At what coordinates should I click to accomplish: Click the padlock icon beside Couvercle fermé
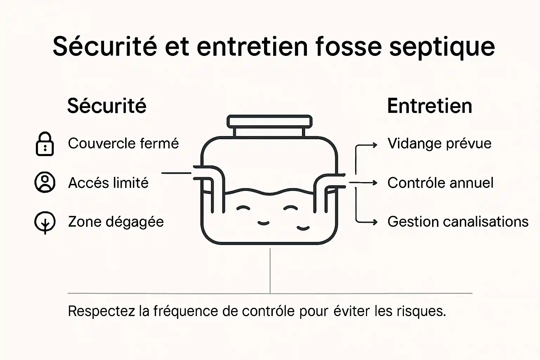tap(45, 144)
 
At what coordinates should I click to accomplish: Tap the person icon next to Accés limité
tap(45, 182)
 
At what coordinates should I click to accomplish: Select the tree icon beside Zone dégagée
tap(45, 223)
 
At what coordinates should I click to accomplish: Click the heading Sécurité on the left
tap(107, 106)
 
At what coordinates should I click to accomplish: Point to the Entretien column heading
tap(429, 106)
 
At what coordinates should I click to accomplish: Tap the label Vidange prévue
tap(439, 143)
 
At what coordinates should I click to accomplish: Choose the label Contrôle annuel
tap(440, 183)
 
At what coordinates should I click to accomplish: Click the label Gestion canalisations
tap(458, 222)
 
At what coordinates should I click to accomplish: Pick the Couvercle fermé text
tap(123, 143)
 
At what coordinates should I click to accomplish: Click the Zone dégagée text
tap(116, 222)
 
